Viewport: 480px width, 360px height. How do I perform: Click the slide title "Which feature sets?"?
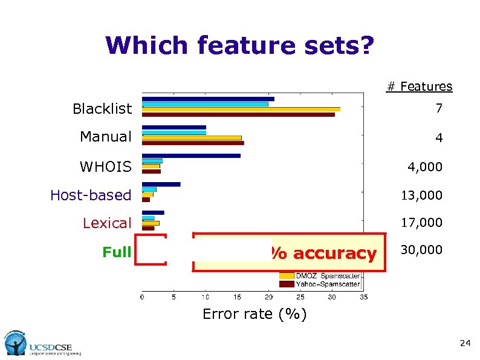point(239,45)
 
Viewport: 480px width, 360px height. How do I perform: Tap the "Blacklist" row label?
point(102,109)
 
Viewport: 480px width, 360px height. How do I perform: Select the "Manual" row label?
point(105,137)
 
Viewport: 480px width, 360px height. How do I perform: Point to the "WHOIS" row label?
point(105,166)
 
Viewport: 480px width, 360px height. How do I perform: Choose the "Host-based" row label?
point(91,195)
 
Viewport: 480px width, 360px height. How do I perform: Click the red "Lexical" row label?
point(106,223)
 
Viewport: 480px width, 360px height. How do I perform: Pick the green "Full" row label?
point(117,252)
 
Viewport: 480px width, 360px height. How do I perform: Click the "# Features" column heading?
point(419,87)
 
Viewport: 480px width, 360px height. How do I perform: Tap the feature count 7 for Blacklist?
point(438,109)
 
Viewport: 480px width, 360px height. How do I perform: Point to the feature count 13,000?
point(422,195)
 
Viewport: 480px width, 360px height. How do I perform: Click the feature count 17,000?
point(422,223)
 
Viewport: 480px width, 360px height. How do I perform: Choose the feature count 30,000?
point(422,250)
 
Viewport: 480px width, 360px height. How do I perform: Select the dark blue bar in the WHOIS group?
point(191,155)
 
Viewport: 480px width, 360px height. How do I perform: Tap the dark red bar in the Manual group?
point(193,143)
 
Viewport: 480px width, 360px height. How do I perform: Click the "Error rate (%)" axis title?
point(254,314)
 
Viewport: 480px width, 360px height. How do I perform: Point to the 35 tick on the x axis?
point(363,297)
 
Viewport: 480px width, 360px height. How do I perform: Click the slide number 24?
point(464,343)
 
